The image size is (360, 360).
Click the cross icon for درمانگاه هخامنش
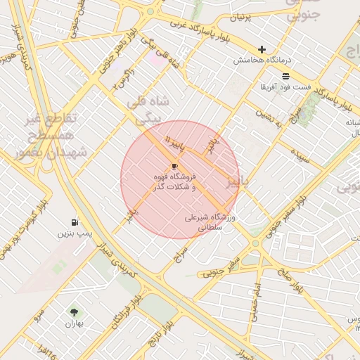[x=262, y=50]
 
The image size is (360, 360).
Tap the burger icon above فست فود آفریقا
[x=285, y=76]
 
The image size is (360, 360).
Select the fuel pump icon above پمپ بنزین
[x=75, y=222]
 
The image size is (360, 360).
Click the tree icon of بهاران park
[x=74, y=311]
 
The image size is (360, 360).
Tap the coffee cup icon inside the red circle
[x=174, y=166]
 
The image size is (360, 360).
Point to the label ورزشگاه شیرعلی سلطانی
[x=212, y=223]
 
